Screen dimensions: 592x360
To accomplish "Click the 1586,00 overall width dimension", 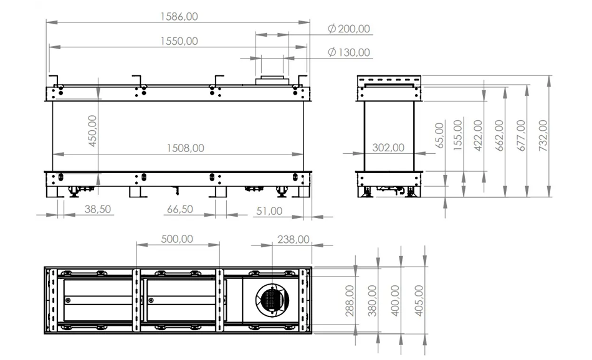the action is (179, 17).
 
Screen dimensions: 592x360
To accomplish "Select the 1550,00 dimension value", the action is (179, 41).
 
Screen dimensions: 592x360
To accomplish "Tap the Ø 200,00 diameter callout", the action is (349, 29).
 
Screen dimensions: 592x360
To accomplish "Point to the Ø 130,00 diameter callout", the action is (349, 52).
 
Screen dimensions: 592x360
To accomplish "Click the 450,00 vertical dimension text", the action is (92, 131).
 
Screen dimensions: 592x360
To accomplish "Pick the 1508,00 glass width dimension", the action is (185, 148).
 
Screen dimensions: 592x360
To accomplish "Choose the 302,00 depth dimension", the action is (388, 148).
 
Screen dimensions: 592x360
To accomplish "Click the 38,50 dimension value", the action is (98, 209).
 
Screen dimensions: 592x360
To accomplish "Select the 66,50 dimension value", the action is (180, 209).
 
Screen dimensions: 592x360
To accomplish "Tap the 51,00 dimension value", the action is (269, 211).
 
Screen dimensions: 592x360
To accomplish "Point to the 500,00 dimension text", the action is (177, 239).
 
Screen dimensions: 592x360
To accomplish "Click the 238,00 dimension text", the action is (294, 239).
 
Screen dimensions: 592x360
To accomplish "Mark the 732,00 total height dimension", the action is (543, 136).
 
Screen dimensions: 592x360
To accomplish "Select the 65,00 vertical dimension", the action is (439, 136).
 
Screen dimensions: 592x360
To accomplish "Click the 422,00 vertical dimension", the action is (478, 136).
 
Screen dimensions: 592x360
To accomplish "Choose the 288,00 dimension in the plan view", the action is (350, 300).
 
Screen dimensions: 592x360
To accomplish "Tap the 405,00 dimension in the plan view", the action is (419, 300).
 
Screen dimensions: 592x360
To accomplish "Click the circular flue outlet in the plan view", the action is (272, 300).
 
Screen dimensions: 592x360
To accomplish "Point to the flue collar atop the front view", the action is (272, 80).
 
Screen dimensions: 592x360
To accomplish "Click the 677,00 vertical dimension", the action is (522, 136).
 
